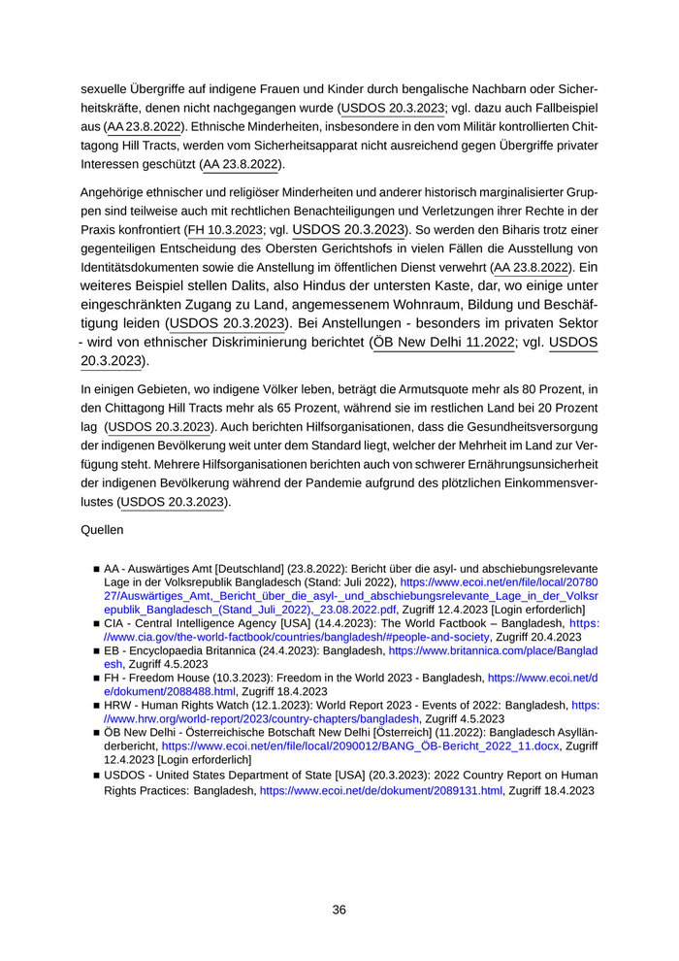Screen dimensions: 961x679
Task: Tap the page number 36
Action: point(339,910)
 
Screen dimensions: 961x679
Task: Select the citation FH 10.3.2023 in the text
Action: point(225,230)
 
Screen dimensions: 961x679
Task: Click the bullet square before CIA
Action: point(96,624)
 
